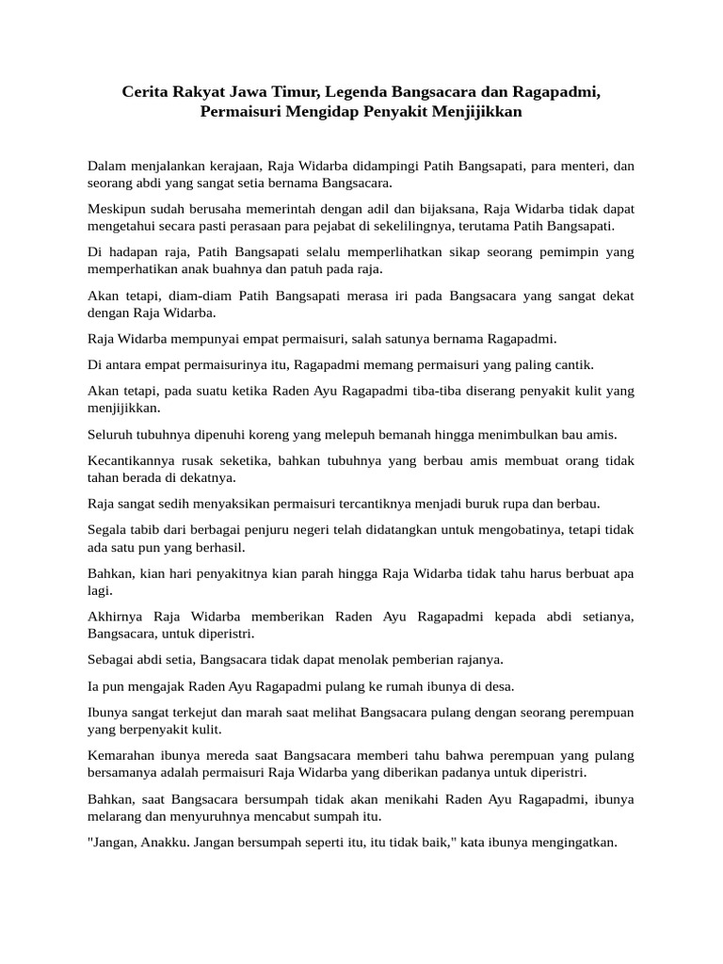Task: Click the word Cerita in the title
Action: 148,93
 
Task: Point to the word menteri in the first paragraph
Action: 587,166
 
